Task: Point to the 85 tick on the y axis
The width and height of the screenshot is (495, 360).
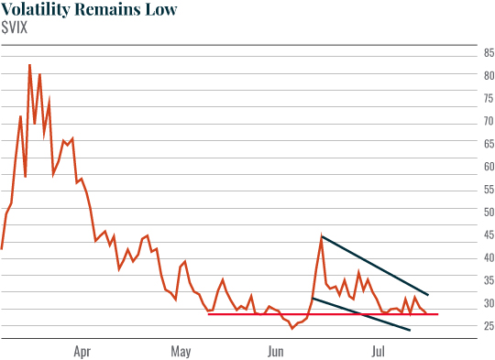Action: (489, 53)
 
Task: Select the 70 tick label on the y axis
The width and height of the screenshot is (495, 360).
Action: (489, 121)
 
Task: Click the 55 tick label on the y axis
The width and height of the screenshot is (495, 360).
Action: (489, 190)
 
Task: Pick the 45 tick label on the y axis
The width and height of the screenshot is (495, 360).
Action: (489, 235)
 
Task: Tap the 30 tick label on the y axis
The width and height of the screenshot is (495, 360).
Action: (489, 303)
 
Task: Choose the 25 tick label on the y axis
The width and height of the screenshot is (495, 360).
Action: (489, 326)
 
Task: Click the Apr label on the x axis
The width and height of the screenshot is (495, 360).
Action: (82, 350)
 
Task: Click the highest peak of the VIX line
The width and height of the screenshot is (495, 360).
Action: (29, 65)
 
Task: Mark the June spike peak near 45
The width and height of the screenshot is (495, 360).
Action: (322, 237)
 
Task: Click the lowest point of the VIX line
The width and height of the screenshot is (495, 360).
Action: (292, 328)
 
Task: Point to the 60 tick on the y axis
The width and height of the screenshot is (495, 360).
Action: (489, 167)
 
